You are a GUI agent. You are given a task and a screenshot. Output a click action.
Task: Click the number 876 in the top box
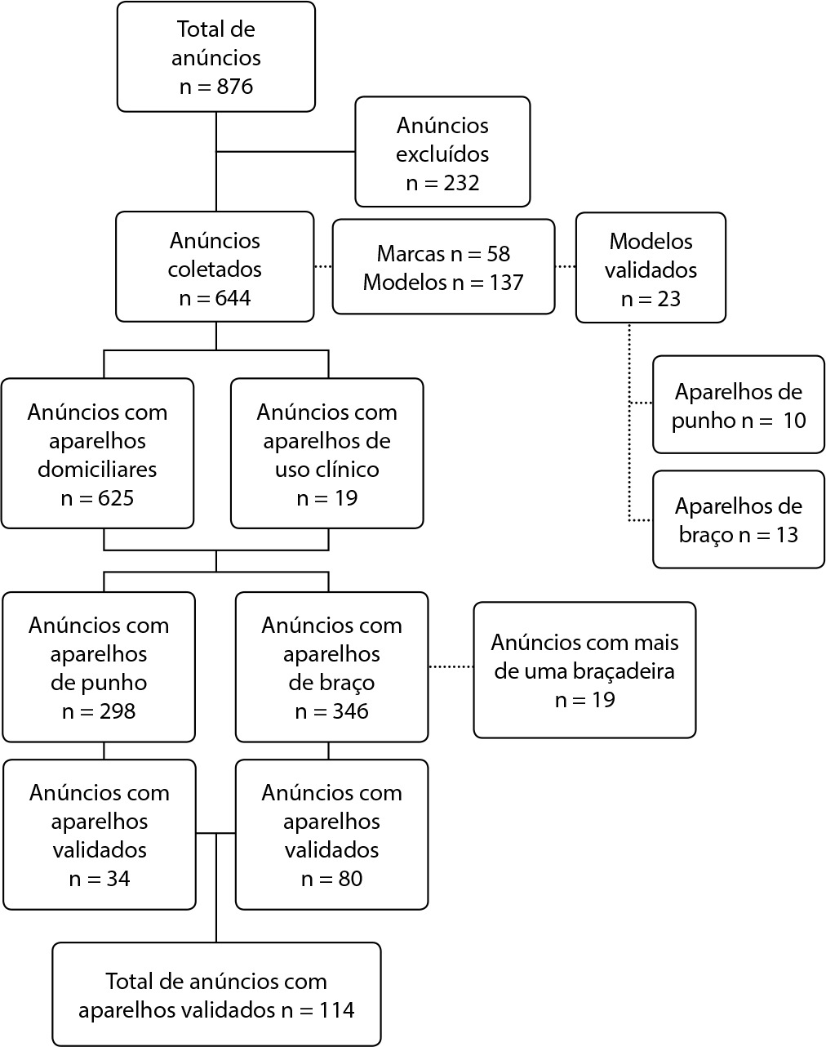point(235,87)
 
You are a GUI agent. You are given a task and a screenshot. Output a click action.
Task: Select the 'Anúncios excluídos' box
point(442,152)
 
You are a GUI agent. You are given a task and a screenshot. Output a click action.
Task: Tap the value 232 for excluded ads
point(461,183)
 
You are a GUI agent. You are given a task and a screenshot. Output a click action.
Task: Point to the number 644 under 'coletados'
point(233,298)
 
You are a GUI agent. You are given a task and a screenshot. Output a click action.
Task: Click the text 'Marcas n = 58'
point(443,253)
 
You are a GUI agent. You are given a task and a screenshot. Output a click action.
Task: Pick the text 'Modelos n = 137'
point(443,283)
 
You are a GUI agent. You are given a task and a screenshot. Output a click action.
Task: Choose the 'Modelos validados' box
point(651,268)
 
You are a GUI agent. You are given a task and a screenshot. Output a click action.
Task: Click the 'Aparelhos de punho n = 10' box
point(739,405)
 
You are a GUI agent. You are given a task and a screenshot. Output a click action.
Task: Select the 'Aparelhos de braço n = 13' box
point(739,519)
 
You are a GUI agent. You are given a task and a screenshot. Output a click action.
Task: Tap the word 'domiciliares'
point(97,470)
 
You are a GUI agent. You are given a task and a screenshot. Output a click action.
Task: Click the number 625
point(116,498)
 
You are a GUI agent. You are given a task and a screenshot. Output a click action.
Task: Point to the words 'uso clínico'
point(327,470)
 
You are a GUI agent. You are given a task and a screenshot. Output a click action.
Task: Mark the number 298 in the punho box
point(118,711)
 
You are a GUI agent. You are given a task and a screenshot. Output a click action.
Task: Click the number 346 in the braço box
point(350,711)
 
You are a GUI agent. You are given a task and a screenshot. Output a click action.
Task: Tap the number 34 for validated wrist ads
point(118,879)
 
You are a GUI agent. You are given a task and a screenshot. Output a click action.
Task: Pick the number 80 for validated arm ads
point(350,879)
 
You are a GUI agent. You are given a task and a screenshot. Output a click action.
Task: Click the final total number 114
point(337,1010)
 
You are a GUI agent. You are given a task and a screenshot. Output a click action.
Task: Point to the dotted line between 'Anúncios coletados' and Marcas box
point(323,266)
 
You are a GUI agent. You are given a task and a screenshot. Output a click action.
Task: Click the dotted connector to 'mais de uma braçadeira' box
point(451,666)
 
